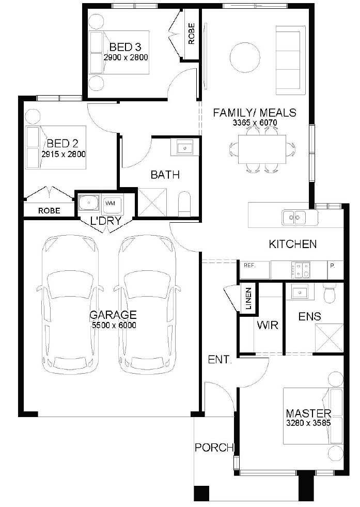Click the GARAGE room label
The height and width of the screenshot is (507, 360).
(113, 315)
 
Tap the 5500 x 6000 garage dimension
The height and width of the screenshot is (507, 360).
(114, 325)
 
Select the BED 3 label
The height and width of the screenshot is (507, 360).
(126, 47)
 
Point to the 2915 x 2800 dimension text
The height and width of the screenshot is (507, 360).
(64, 154)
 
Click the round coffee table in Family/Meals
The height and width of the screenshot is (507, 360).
(245, 57)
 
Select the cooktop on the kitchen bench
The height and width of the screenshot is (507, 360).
(301, 269)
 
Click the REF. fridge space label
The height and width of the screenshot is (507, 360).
(249, 266)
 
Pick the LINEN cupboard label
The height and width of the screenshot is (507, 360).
(248, 299)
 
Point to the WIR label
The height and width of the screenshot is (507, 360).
(268, 325)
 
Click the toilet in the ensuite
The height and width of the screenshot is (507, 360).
(330, 293)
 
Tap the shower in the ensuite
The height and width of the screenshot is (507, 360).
(330, 338)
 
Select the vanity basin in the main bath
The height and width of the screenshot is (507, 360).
(185, 148)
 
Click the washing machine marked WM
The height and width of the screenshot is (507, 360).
(112, 204)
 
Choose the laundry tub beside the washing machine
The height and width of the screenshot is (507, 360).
(88, 204)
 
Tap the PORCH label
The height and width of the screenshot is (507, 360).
(214, 448)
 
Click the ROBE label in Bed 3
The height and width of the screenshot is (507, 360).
(192, 34)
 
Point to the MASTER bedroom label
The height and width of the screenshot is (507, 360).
(309, 413)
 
